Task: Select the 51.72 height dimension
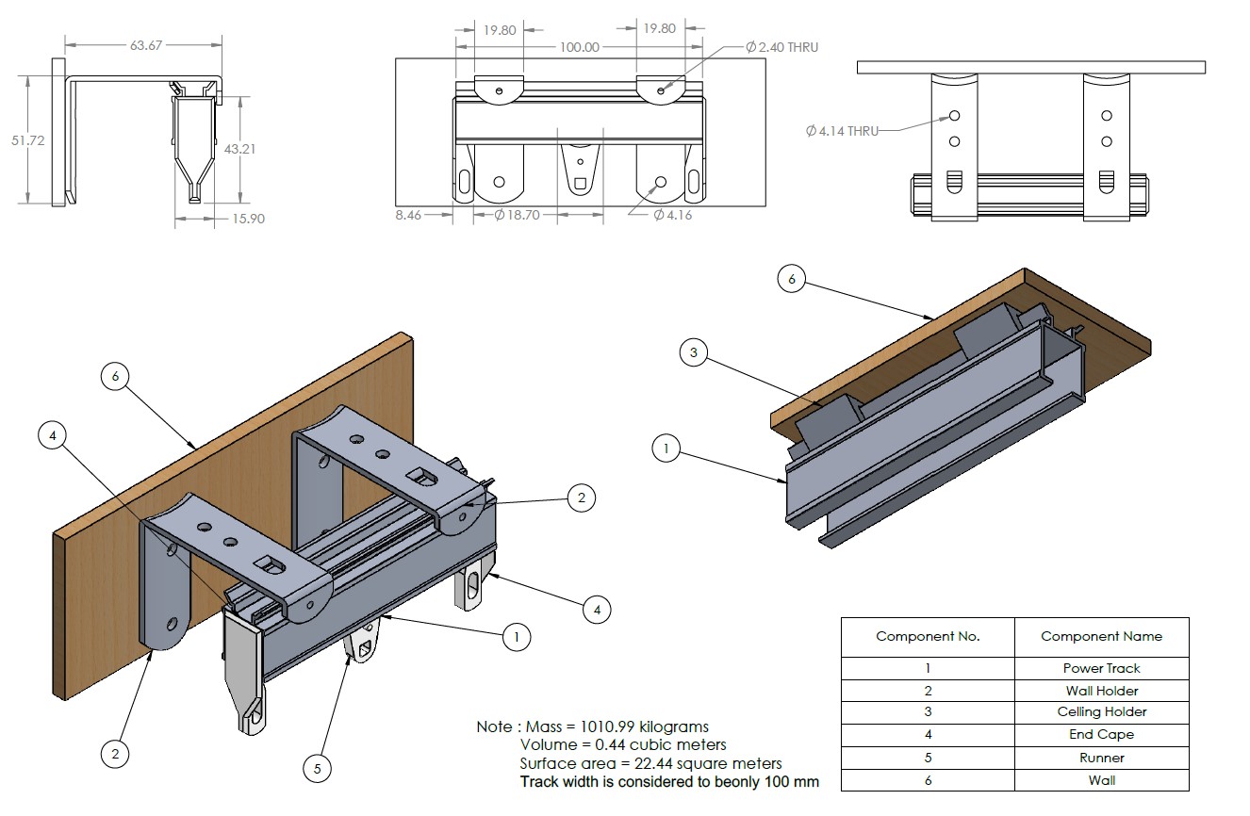(x=28, y=139)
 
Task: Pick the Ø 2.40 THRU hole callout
(x=781, y=47)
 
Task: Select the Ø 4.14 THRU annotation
(x=842, y=131)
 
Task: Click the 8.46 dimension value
(x=408, y=215)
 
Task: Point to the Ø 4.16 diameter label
(x=672, y=215)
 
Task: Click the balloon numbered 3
(x=693, y=353)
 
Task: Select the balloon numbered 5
(x=317, y=769)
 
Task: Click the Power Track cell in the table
(x=1101, y=668)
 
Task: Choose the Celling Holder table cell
(x=1101, y=712)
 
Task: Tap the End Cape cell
(x=1101, y=735)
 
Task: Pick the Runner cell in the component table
(x=1101, y=758)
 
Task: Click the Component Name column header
(x=1101, y=636)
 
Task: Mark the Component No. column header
(x=928, y=636)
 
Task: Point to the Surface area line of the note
(x=650, y=763)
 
